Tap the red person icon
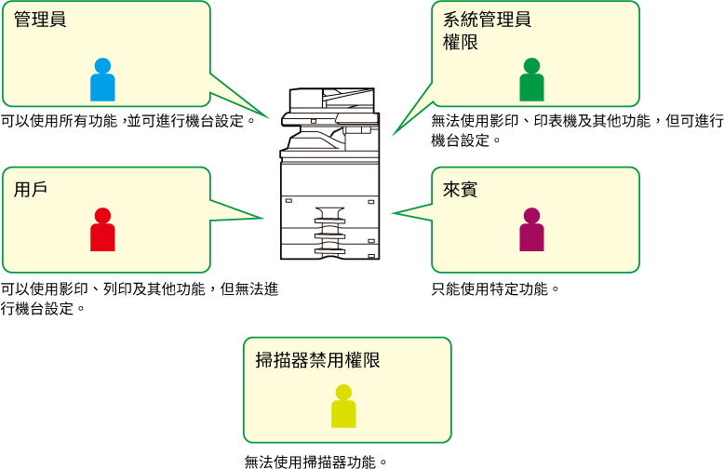click(102, 230)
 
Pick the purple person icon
click(532, 230)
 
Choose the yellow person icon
click(343, 407)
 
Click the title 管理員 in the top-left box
click(40, 20)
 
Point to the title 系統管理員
click(487, 20)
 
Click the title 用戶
click(31, 189)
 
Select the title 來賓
click(460, 189)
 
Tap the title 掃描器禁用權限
click(317, 360)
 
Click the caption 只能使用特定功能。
click(495, 289)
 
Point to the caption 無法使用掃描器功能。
click(315, 462)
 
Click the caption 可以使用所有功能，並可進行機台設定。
click(128, 121)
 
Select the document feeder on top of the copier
click(331, 99)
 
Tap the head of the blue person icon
click(102, 66)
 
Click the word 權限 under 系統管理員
click(461, 43)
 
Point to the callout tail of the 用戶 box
click(236, 211)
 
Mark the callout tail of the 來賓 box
click(412, 213)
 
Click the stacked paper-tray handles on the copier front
click(329, 231)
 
